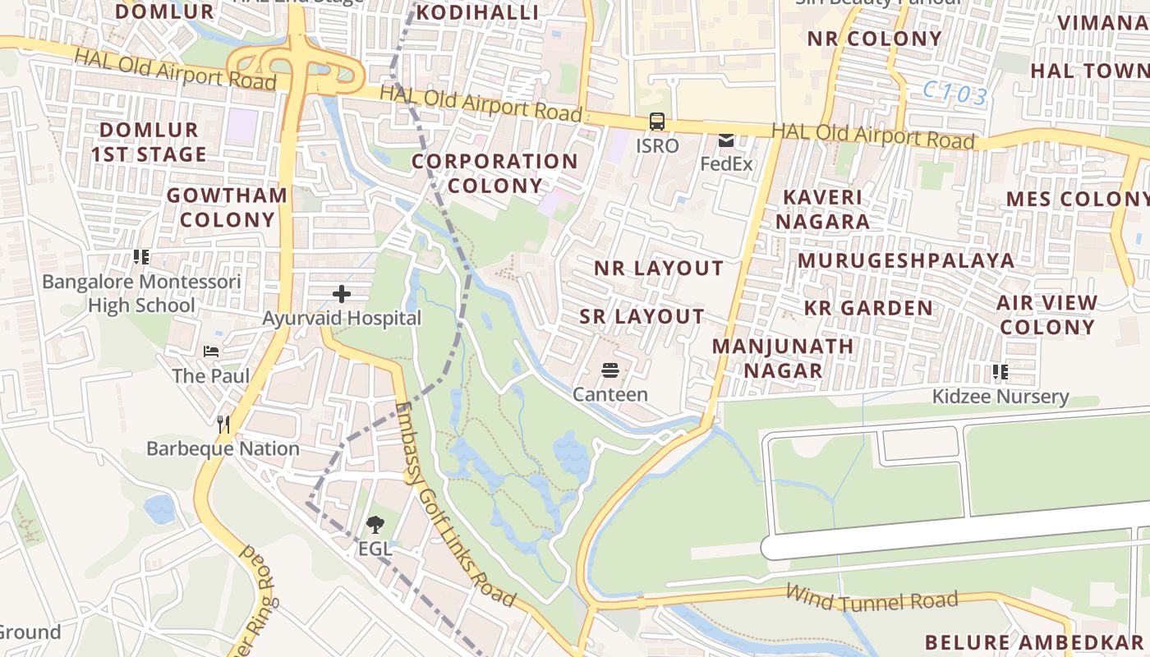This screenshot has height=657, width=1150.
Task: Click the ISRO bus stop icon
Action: [x=657, y=122]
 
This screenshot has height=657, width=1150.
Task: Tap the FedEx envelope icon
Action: [x=726, y=140]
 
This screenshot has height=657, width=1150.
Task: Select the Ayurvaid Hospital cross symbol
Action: [x=342, y=293]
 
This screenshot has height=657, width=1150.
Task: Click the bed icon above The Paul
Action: [x=211, y=351]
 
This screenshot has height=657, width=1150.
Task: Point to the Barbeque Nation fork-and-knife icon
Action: [x=223, y=424]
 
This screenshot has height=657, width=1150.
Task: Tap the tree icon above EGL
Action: [x=375, y=523]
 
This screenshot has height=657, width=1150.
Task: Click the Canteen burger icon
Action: [x=609, y=370]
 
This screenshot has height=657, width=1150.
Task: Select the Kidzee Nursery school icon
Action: [x=1000, y=372]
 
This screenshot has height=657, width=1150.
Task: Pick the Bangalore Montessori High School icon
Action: [x=141, y=257]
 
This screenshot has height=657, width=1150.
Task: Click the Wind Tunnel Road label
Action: [x=871, y=598]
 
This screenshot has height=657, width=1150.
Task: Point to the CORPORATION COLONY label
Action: [x=494, y=173]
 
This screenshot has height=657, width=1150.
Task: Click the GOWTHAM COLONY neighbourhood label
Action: [x=228, y=207]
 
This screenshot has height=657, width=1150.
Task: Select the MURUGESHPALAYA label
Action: [x=906, y=260]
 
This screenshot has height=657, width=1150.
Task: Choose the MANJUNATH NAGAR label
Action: [x=783, y=358]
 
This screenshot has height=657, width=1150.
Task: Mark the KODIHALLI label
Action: [x=477, y=12]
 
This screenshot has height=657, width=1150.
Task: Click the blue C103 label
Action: [x=954, y=94]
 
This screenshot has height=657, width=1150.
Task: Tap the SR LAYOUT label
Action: [x=642, y=316]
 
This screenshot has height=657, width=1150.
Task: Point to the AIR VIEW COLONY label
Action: [x=1046, y=315]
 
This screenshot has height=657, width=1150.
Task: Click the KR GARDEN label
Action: [x=868, y=308]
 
